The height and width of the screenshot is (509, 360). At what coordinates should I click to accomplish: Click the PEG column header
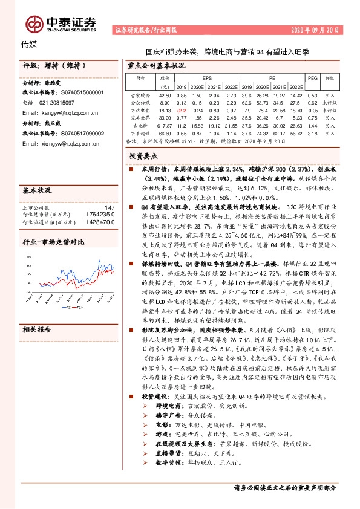click(312, 78)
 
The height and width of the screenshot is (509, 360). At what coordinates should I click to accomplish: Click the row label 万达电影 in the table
click(140, 110)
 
